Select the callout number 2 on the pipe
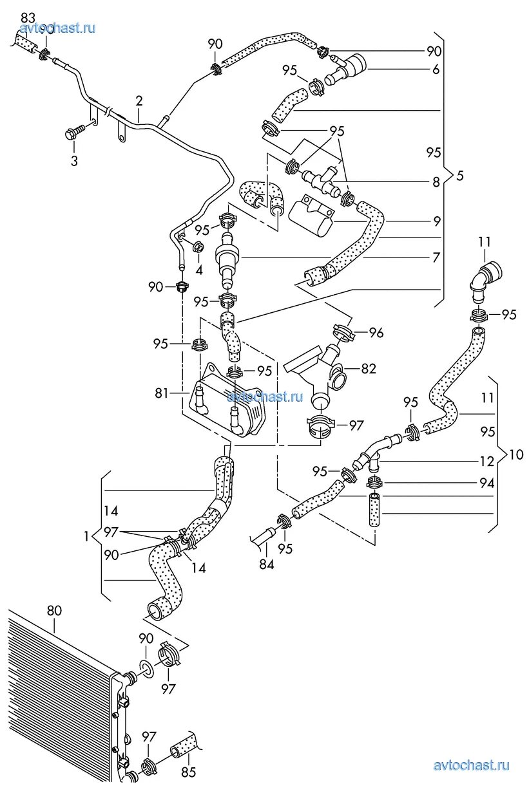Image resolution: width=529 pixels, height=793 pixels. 139,101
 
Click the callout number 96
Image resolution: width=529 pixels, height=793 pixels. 376,333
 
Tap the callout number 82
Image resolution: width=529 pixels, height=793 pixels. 369,369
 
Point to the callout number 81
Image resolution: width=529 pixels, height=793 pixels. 161,392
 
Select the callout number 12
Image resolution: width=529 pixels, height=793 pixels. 487,462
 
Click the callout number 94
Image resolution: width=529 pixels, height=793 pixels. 487,483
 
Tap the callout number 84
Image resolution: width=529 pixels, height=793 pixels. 266,564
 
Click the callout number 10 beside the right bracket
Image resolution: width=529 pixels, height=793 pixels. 516,454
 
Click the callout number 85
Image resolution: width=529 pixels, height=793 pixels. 188,772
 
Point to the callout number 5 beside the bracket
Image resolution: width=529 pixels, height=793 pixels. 459,175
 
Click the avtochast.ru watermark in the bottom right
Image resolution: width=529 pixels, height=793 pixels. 472,765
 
